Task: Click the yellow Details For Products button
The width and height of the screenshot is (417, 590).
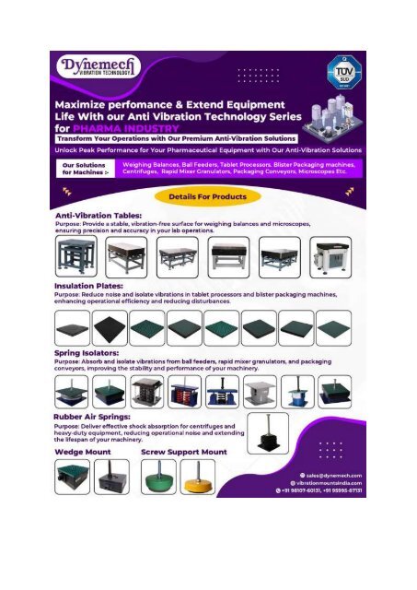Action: click(207, 195)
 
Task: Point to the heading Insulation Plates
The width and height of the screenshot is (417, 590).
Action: click(84, 287)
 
